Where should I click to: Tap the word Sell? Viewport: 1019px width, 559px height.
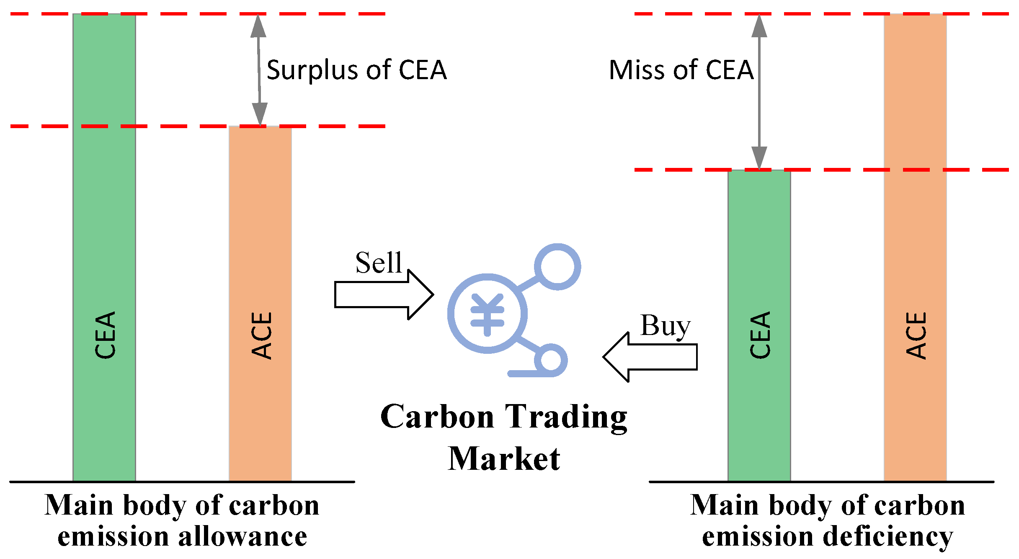point(378,263)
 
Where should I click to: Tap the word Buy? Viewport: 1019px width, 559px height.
point(665,325)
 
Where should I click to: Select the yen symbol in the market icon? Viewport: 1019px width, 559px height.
point(487,314)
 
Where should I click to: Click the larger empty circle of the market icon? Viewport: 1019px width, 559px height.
point(557,267)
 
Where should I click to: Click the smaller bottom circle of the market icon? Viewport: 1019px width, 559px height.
point(550,360)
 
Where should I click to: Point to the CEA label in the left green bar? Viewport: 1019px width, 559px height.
point(105,335)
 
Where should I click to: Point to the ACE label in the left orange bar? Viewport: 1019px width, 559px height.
point(261,335)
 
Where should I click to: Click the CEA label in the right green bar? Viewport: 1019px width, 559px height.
point(759,335)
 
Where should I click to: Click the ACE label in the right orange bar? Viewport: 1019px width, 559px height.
point(916,335)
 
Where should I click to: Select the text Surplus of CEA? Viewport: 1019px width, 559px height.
point(356,70)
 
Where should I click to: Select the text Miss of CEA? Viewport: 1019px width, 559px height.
point(681,70)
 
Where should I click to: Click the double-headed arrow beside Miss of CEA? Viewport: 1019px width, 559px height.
point(759,92)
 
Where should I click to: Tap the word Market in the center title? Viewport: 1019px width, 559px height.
point(504,459)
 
